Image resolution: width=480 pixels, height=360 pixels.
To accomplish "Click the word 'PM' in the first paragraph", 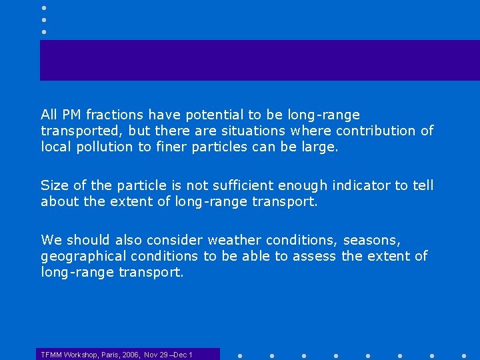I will point(69,115).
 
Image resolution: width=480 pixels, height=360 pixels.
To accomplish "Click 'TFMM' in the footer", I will point(51,355).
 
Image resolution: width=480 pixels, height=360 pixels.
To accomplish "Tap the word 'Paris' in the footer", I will point(111,355).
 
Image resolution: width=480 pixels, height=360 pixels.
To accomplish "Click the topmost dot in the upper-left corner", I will point(43,7).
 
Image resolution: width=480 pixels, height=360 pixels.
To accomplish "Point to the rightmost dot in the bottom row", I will point(464,355).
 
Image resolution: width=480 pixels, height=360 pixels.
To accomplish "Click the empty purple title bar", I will point(260,60).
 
